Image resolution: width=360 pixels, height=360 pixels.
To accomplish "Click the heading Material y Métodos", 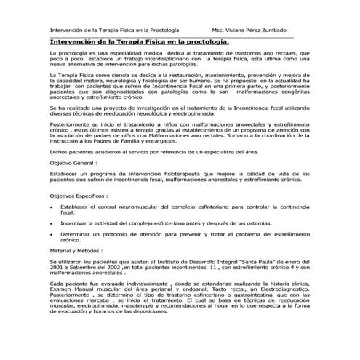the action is point(74,249).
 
